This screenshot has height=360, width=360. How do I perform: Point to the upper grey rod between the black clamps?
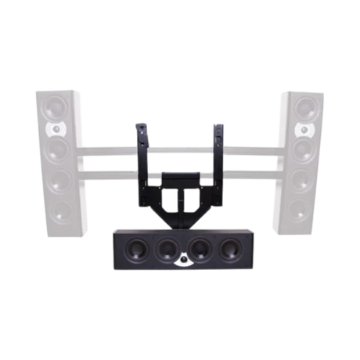[x=182, y=145]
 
